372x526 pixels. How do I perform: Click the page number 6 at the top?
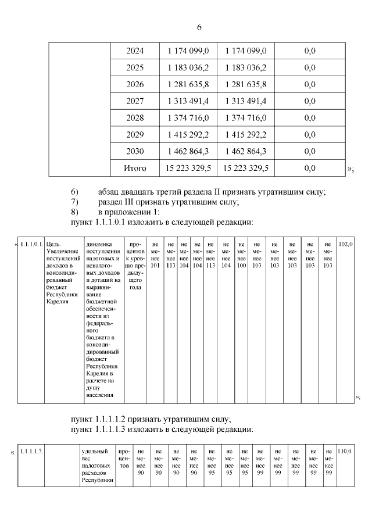[199, 28]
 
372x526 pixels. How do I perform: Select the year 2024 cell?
[135, 51]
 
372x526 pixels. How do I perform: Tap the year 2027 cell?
[135, 101]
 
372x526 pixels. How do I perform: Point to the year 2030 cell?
[135, 151]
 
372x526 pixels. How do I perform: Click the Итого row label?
[135, 168]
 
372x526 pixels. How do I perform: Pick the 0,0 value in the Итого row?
[309, 168]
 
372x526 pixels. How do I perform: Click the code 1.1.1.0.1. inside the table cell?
[31, 244]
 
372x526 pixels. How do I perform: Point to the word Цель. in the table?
[53, 244]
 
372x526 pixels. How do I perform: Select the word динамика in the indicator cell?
[98, 244]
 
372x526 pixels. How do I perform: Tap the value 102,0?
[345, 244]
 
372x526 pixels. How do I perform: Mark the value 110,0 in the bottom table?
[345, 451]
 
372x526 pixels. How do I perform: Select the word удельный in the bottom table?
[95, 451]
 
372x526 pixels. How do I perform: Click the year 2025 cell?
[135, 68]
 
